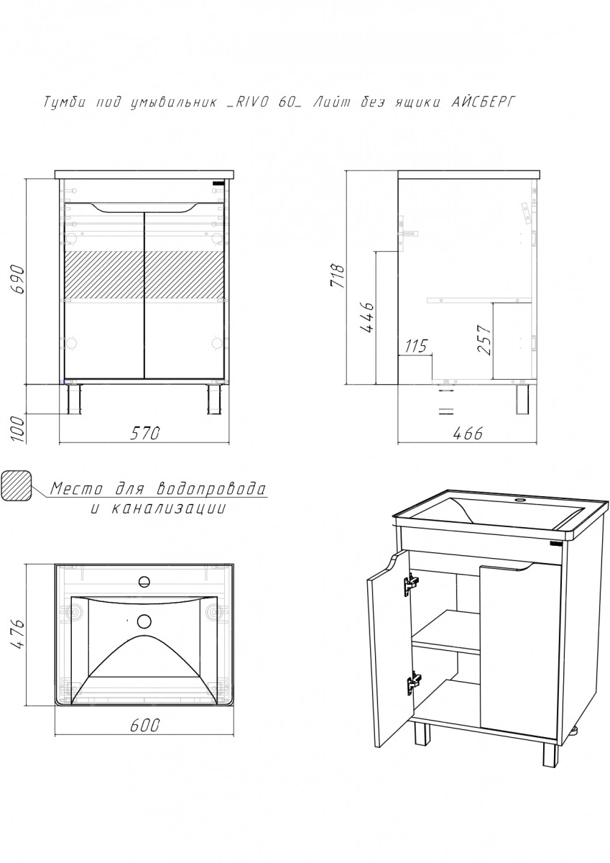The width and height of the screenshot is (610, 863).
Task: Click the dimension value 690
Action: tap(19, 279)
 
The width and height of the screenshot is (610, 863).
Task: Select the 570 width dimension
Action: tap(144, 434)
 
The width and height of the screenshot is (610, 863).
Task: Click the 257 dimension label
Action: tap(485, 339)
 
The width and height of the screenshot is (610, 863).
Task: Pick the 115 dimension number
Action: tap(415, 346)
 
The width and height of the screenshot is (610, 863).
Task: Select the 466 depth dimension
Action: tap(467, 434)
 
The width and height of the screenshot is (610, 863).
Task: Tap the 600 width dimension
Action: tap(144, 726)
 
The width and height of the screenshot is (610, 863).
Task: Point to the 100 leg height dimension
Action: tap(19, 429)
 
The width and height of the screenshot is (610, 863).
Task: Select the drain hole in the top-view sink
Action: tap(144, 621)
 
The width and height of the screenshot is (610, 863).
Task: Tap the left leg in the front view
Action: tap(74, 400)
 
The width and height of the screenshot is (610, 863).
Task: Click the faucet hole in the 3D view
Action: tap(520, 500)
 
